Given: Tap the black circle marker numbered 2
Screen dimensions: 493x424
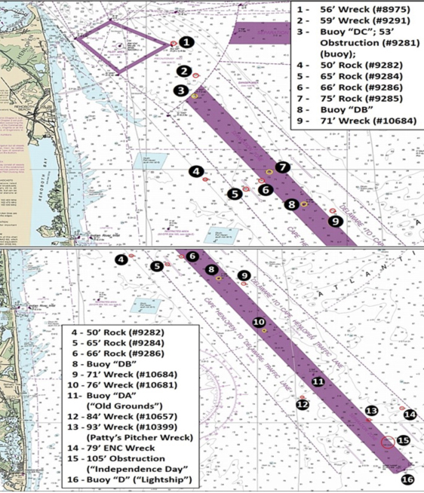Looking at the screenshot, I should (183, 72).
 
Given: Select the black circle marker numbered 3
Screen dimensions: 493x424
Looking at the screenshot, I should (180, 90).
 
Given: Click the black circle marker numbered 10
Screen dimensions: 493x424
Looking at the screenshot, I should (258, 322).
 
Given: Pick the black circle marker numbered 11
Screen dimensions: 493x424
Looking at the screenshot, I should (318, 382).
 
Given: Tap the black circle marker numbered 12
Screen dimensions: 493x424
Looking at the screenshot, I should (303, 405).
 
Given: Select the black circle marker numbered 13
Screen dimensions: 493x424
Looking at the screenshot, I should (370, 411).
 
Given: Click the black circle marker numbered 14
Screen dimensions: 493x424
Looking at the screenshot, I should (410, 414).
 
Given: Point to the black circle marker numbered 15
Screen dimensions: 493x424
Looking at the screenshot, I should (403, 440).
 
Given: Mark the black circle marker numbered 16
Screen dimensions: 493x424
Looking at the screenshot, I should (407, 479).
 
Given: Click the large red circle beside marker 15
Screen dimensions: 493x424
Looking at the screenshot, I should (388, 442).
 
